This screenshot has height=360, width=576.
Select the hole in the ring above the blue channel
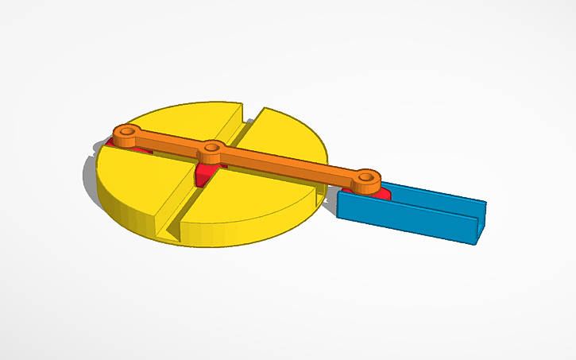point(365,178)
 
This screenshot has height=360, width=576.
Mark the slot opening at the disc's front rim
point(171,230)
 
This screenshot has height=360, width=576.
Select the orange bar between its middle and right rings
point(286,162)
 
